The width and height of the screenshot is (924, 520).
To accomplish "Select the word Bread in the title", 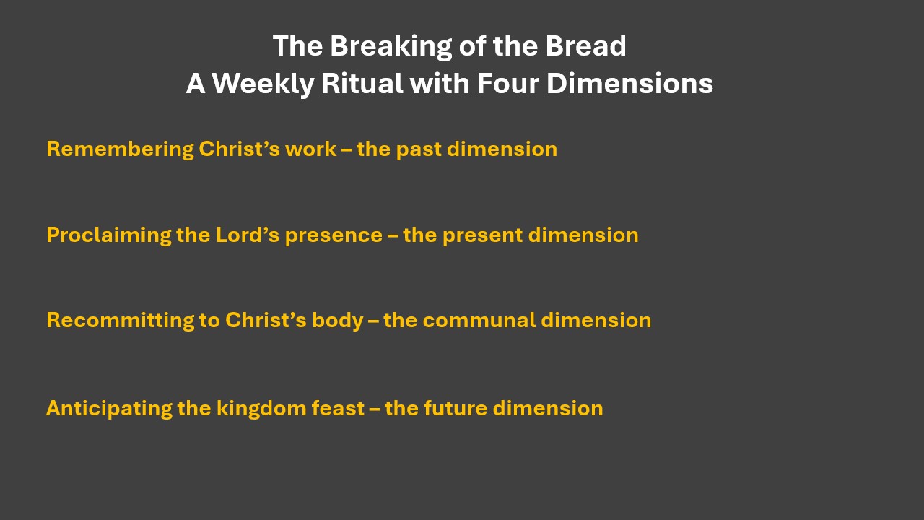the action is (586, 45).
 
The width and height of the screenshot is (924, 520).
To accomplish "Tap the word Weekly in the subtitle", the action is (263, 84).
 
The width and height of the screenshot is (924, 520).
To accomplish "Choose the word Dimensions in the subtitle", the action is (629, 83).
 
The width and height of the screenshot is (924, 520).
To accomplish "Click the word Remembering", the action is (120, 149).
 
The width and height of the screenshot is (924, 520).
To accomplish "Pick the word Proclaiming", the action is (109, 235).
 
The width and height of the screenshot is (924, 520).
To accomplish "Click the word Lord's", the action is (248, 235).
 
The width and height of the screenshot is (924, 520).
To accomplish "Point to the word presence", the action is (334, 236).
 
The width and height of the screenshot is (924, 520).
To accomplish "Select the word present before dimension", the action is (483, 236).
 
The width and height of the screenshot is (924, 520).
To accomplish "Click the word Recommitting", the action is (120, 321).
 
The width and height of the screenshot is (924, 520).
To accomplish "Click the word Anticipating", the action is (109, 409).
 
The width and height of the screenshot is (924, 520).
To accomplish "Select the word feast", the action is (338, 408).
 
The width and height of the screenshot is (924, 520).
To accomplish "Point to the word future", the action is (456, 408).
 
